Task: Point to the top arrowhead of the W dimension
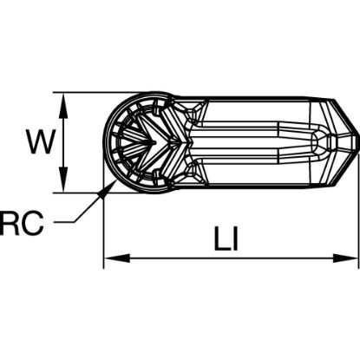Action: (x=63, y=98)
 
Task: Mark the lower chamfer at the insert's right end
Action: (x=344, y=165)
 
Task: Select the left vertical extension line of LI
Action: (x=104, y=226)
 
